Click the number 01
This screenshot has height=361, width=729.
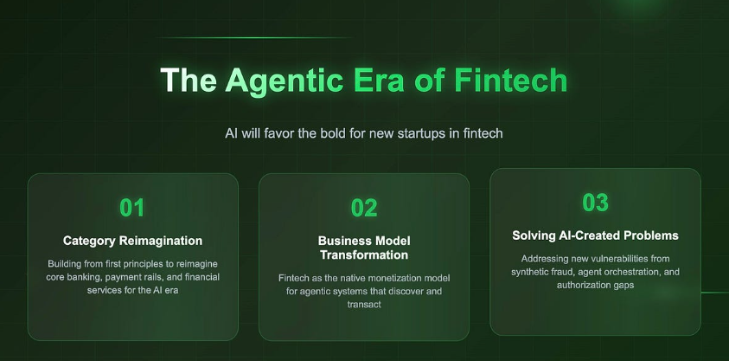coord(132,208)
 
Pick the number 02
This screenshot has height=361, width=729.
coord(364,208)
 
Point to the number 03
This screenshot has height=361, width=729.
coord(595,203)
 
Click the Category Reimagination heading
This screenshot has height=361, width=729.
coord(132,240)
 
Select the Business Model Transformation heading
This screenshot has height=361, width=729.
coord(364,248)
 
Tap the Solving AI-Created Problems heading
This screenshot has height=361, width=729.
coord(595,235)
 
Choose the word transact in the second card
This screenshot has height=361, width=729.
coord(364,305)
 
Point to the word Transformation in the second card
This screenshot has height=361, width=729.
coord(364,255)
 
